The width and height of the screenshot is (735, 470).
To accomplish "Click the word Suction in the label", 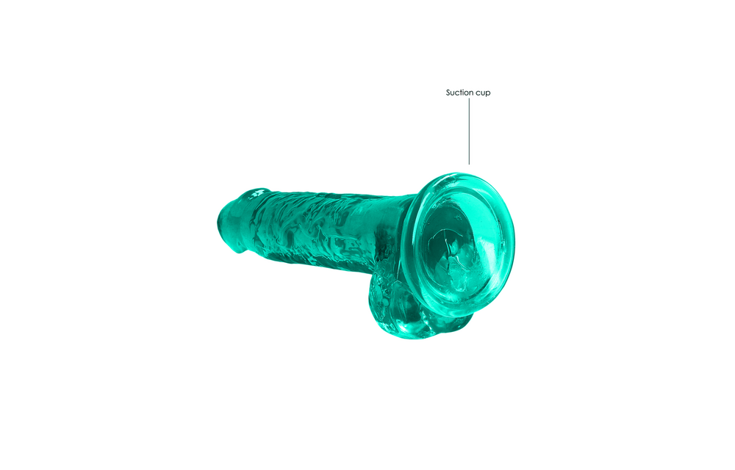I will tap(460, 93).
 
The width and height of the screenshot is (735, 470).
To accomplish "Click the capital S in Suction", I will tap(448, 93).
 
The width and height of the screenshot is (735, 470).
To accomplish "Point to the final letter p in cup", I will tap(488, 94).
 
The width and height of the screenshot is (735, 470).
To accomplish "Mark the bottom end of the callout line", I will tap(469, 163).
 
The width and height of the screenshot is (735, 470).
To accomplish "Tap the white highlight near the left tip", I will tap(257, 193).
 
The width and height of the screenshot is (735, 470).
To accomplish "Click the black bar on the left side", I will tap(66, 235).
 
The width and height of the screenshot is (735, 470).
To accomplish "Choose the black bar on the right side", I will tap(669, 235).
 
